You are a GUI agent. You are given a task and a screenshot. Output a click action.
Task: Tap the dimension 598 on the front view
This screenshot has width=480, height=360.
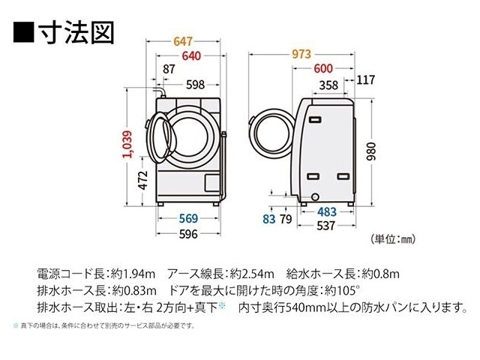194,85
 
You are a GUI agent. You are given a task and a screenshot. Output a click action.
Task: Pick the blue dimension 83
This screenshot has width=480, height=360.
268,220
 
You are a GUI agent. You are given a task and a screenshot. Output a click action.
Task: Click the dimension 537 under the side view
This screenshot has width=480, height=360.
325,226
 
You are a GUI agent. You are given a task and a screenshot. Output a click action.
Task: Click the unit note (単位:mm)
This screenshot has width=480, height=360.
392,239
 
